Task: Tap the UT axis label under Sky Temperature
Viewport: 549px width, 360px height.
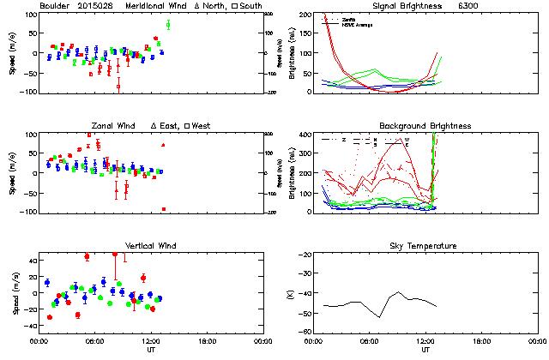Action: [x=425, y=350]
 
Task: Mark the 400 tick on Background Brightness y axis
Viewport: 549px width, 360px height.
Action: [x=306, y=135]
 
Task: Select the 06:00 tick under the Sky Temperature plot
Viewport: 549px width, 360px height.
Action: [x=370, y=340]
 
